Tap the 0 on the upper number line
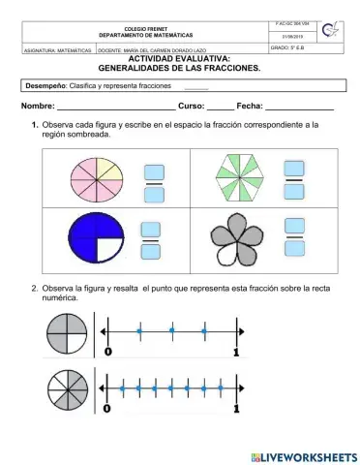tap(107, 351)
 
